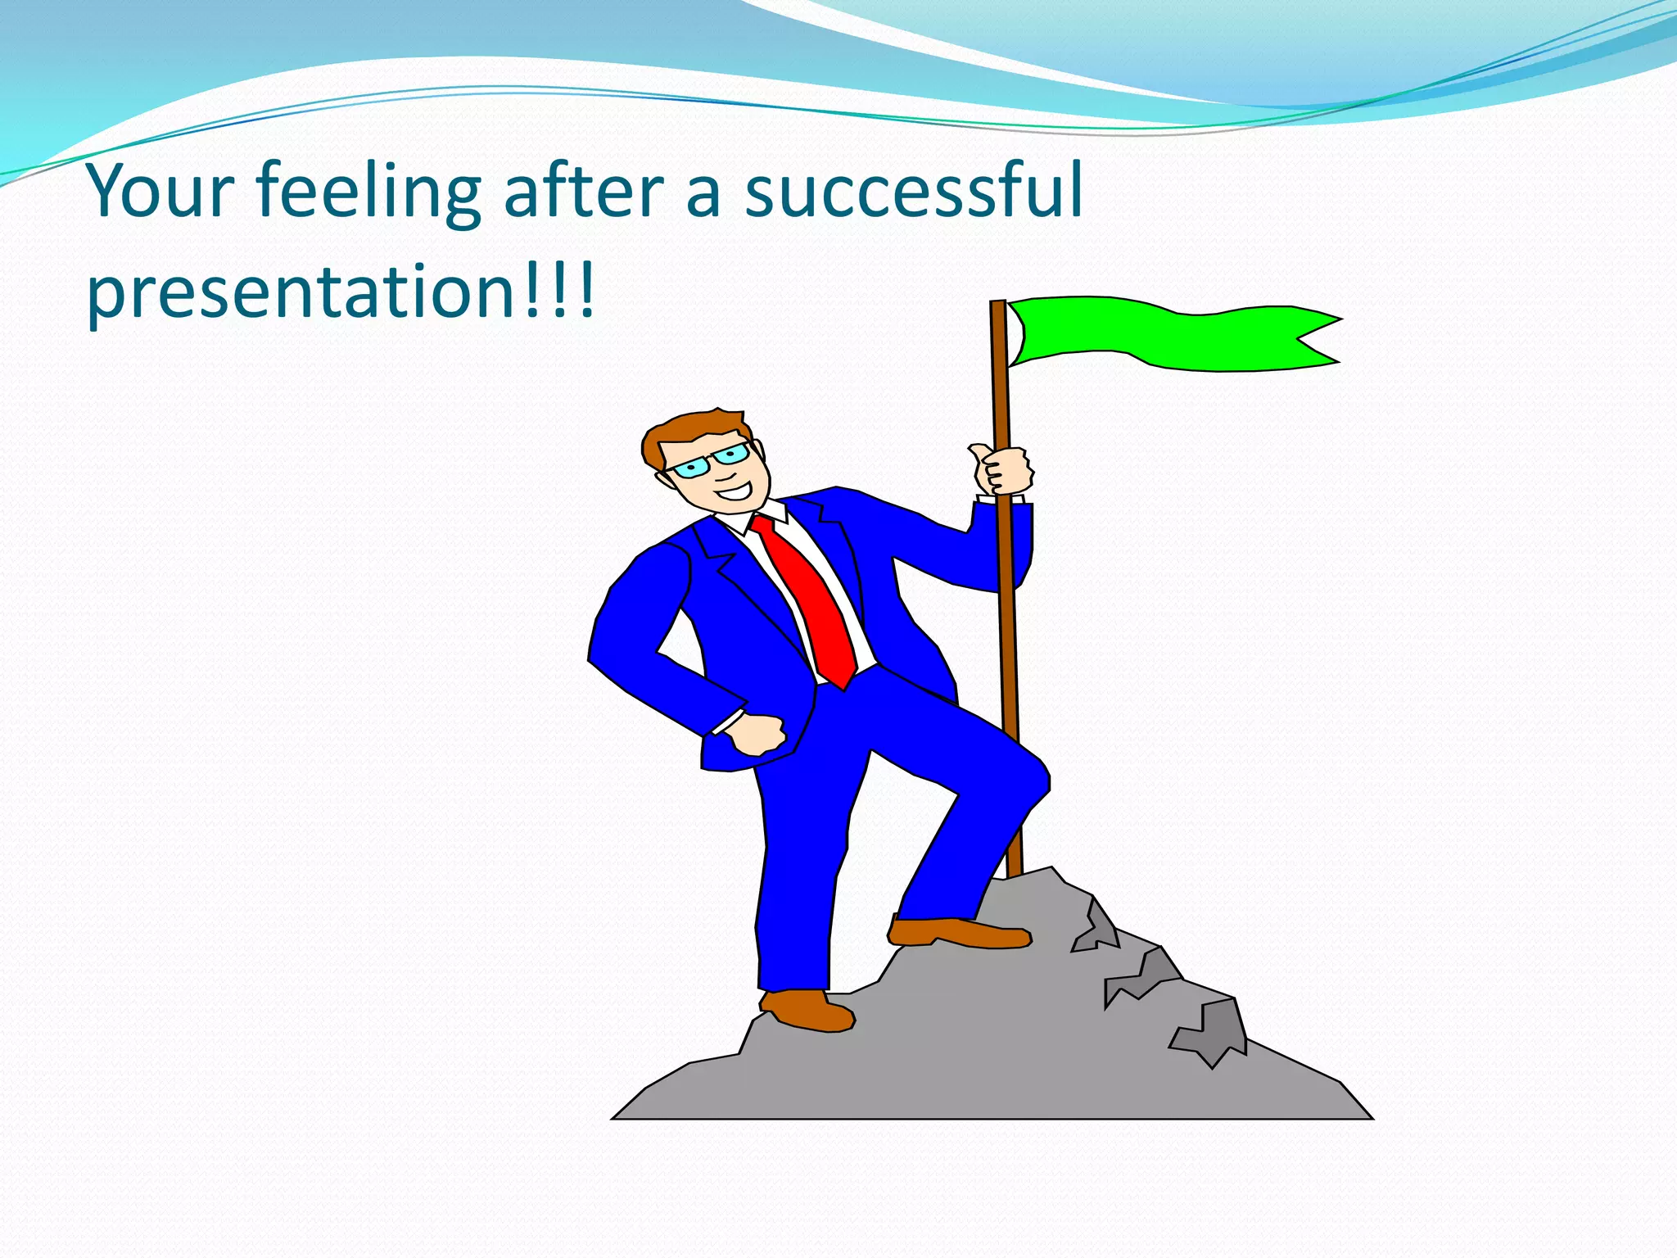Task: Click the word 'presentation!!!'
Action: click(x=341, y=292)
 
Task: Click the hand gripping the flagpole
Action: click(x=1002, y=470)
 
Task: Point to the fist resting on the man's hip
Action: click(x=757, y=734)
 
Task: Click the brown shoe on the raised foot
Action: click(x=958, y=933)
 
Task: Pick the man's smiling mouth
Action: click(x=735, y=492)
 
